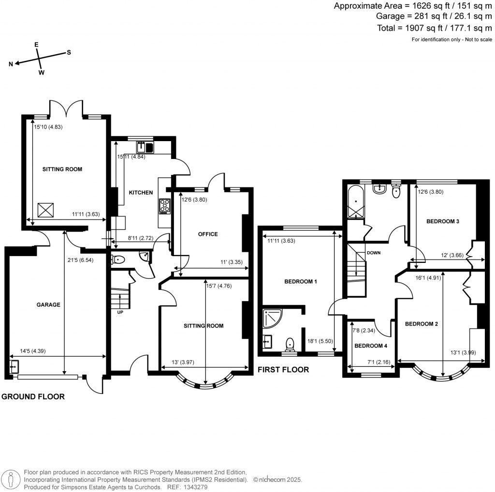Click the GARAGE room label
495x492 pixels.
pos(48,305)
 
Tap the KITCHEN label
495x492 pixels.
pos(141,192)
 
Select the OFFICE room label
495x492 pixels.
pos(208,234)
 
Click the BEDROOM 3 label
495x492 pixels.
pos(442,221)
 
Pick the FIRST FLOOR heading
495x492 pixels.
pos(283,370)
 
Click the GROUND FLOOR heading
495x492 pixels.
pos(33,397)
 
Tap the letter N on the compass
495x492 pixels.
pos(11,64)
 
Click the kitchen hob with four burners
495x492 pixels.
pos(164,206)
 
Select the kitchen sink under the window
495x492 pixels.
pos(145,146)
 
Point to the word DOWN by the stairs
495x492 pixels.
pos(374,253)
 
